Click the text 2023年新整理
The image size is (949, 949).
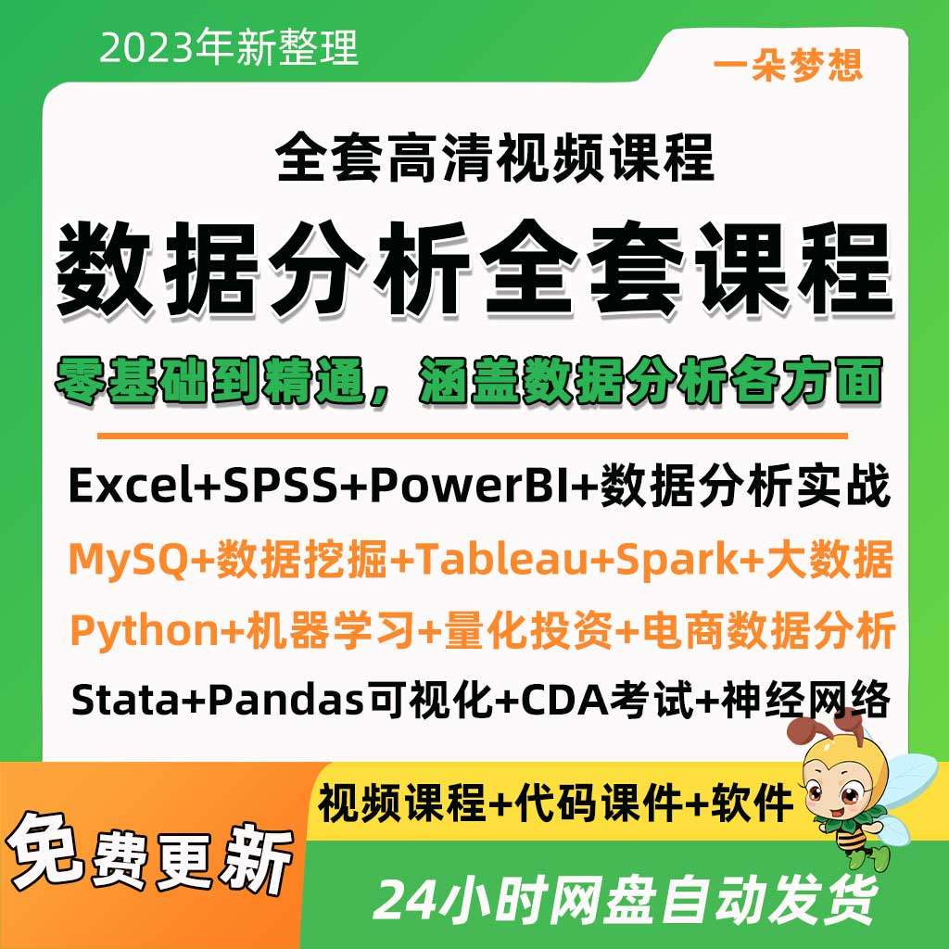coord(229,47)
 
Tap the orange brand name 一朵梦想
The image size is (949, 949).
coord(789,64)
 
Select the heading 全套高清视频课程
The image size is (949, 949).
coord(496,157)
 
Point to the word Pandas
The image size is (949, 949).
coord(284,701)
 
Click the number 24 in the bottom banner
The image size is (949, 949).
coord(409,898)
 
